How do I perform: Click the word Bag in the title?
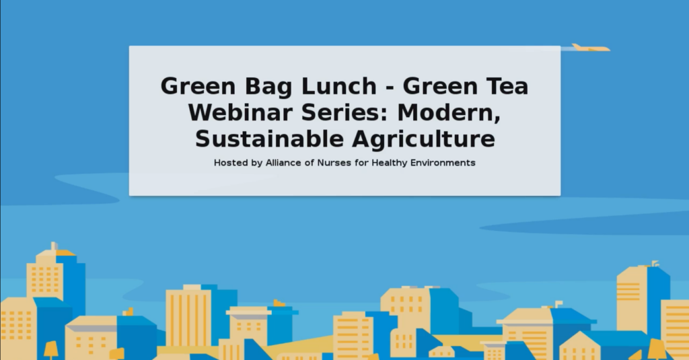pos(268,87)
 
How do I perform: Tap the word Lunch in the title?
pos(339,85)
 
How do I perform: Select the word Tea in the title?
pos(507,85)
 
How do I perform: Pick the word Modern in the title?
pos(449,113)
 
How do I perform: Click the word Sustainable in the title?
pos(269,139)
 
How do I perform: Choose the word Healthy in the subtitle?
pos(390,163)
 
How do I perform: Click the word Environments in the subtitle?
pos(443,163)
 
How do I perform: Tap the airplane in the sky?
pos(590,48)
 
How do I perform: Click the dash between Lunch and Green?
pos(390,87)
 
